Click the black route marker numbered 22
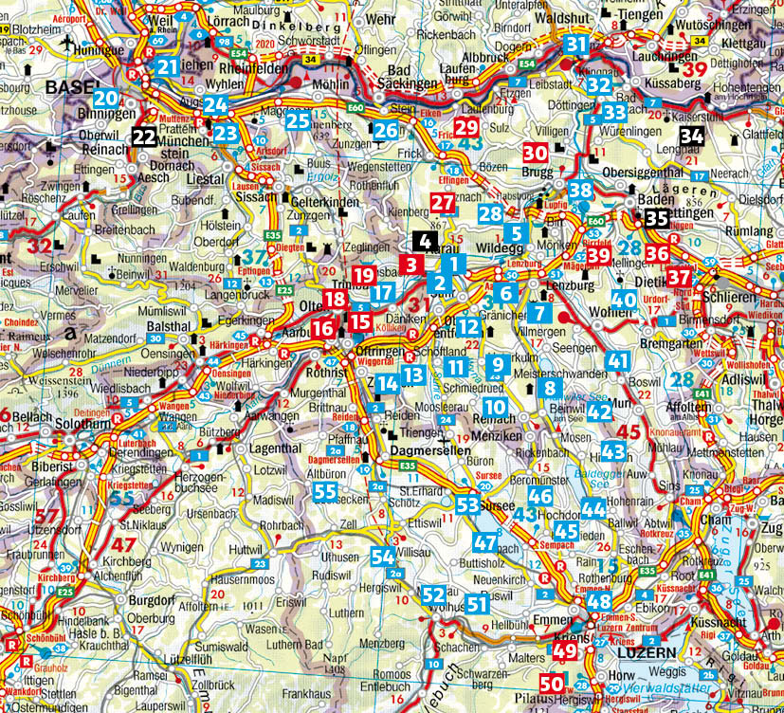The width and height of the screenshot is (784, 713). [144, 137]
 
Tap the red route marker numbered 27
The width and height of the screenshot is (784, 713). [443, 202]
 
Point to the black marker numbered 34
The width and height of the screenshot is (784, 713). [692, 136]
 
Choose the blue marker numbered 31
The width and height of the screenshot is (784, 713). [576, 45]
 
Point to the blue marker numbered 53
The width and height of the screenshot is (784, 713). [467, 503]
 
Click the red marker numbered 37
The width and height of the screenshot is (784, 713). [679, 278]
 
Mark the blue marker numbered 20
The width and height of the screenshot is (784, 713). [106, 98]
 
